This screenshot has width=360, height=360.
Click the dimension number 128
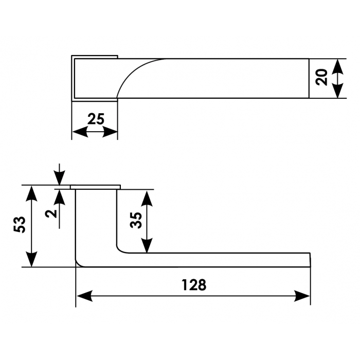[194, 285]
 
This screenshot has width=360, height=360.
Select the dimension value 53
[20, 225]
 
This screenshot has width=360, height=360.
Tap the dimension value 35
[136, 220]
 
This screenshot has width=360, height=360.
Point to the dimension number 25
[96, 119]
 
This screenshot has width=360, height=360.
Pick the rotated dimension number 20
[321, 77]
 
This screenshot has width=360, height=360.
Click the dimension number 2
[51, 214]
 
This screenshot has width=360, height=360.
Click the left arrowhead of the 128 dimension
[84, 296]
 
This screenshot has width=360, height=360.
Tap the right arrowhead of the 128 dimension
[302, 296]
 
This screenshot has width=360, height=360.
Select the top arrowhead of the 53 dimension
[31, 193]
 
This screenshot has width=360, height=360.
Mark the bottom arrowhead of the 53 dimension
[31, 259]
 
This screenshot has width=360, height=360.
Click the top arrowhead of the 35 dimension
[147, 198]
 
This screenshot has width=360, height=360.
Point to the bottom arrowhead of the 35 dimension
[147, 245]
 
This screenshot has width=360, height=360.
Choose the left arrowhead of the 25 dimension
[80, 132]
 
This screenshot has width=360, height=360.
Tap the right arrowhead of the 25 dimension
[110, 132]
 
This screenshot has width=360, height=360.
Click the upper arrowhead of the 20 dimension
[337, 66]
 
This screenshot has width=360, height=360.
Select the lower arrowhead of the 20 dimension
[337, 91]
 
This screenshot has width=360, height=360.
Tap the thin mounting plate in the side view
[95, 187]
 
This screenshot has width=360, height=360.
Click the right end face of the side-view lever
[310, 260]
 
